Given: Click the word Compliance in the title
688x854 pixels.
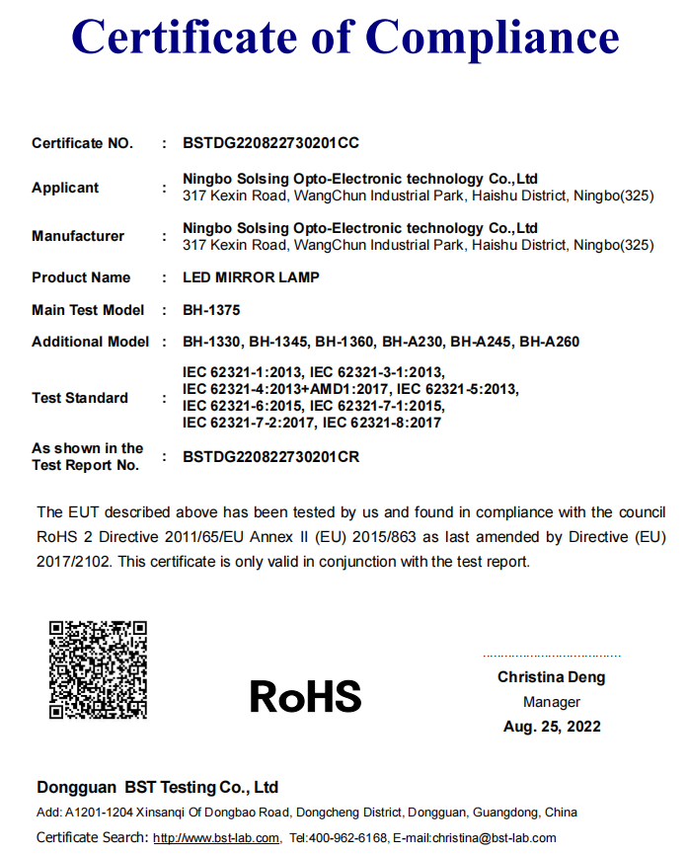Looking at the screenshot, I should (x=492, y=38).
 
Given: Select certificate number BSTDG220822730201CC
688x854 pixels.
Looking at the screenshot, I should (x=270, y=143).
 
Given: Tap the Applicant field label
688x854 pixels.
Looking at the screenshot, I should (x=65, y=188).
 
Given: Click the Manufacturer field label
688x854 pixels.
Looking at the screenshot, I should (x=78, y=236).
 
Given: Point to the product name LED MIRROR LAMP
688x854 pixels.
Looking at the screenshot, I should (x=251, y=277).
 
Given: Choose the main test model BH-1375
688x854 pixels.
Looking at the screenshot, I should (x=211, y=310).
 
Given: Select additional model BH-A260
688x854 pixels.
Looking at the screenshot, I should (x=550, y=342).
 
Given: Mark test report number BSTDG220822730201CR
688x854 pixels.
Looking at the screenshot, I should (x=270, y=457).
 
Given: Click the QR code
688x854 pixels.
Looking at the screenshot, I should (x=98, y=669).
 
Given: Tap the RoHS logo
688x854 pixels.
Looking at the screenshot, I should (x=305, y=696).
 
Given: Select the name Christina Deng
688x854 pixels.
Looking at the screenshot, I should (x=551, y=677).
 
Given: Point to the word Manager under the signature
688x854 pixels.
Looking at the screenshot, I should (x=551, y=702).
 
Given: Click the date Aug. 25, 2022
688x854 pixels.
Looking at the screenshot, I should (x=551, y=727).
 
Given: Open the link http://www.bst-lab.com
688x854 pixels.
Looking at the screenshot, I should (x=216, y=838).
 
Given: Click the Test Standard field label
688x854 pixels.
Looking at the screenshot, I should (x=80, y=398).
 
